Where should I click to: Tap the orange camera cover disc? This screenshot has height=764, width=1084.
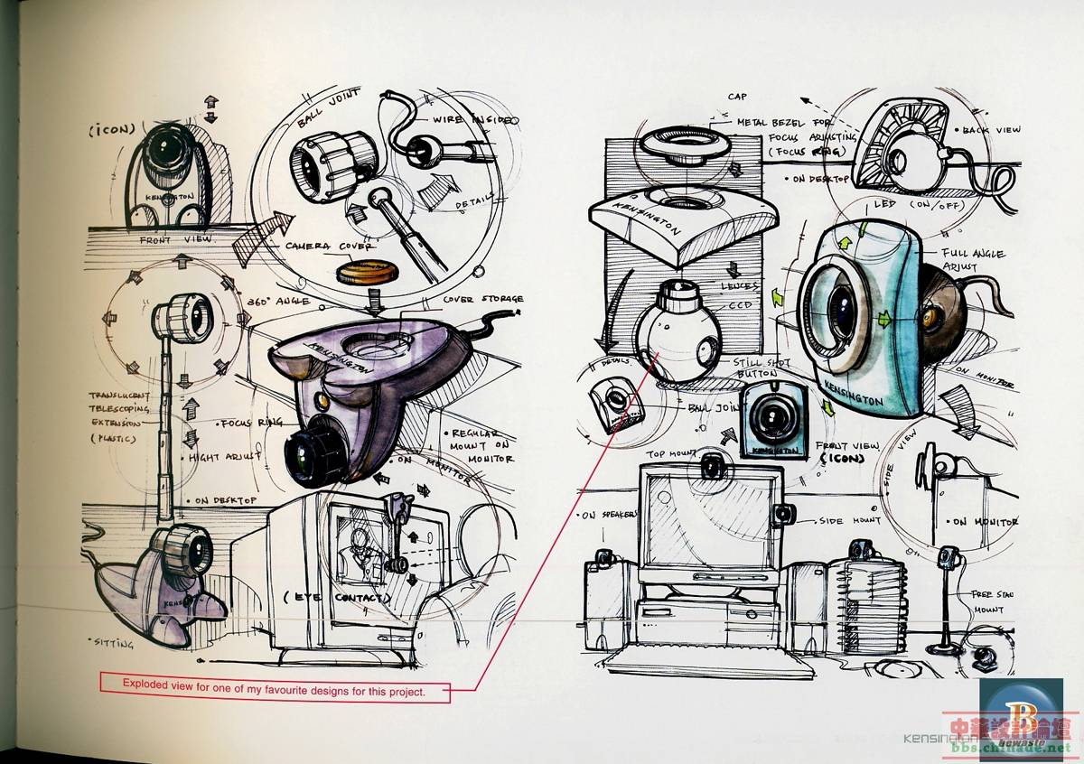click(x=368, y=273)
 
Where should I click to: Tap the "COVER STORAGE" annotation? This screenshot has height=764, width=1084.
click(x=483, y=300)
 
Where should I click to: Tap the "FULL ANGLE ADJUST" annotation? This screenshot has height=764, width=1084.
click(x=972, y=261)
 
